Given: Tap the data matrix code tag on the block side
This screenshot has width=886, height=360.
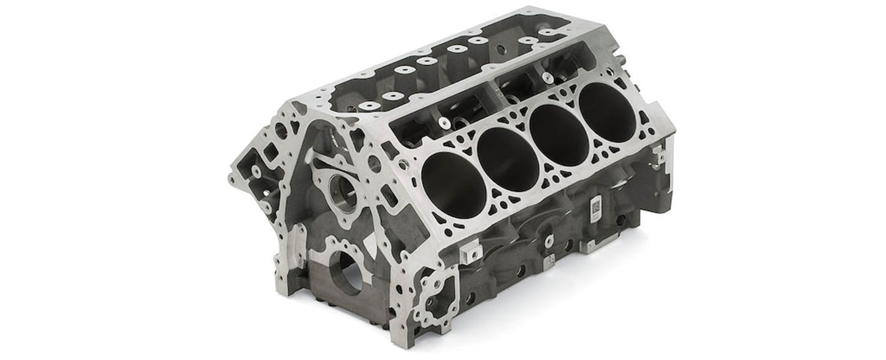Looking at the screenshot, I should [595, 207].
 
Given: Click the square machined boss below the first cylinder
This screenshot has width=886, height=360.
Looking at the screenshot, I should [471, 251].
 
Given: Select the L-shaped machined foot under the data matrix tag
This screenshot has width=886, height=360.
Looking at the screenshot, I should [589, 245].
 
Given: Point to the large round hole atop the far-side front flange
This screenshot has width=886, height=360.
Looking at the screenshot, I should [281, 129].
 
